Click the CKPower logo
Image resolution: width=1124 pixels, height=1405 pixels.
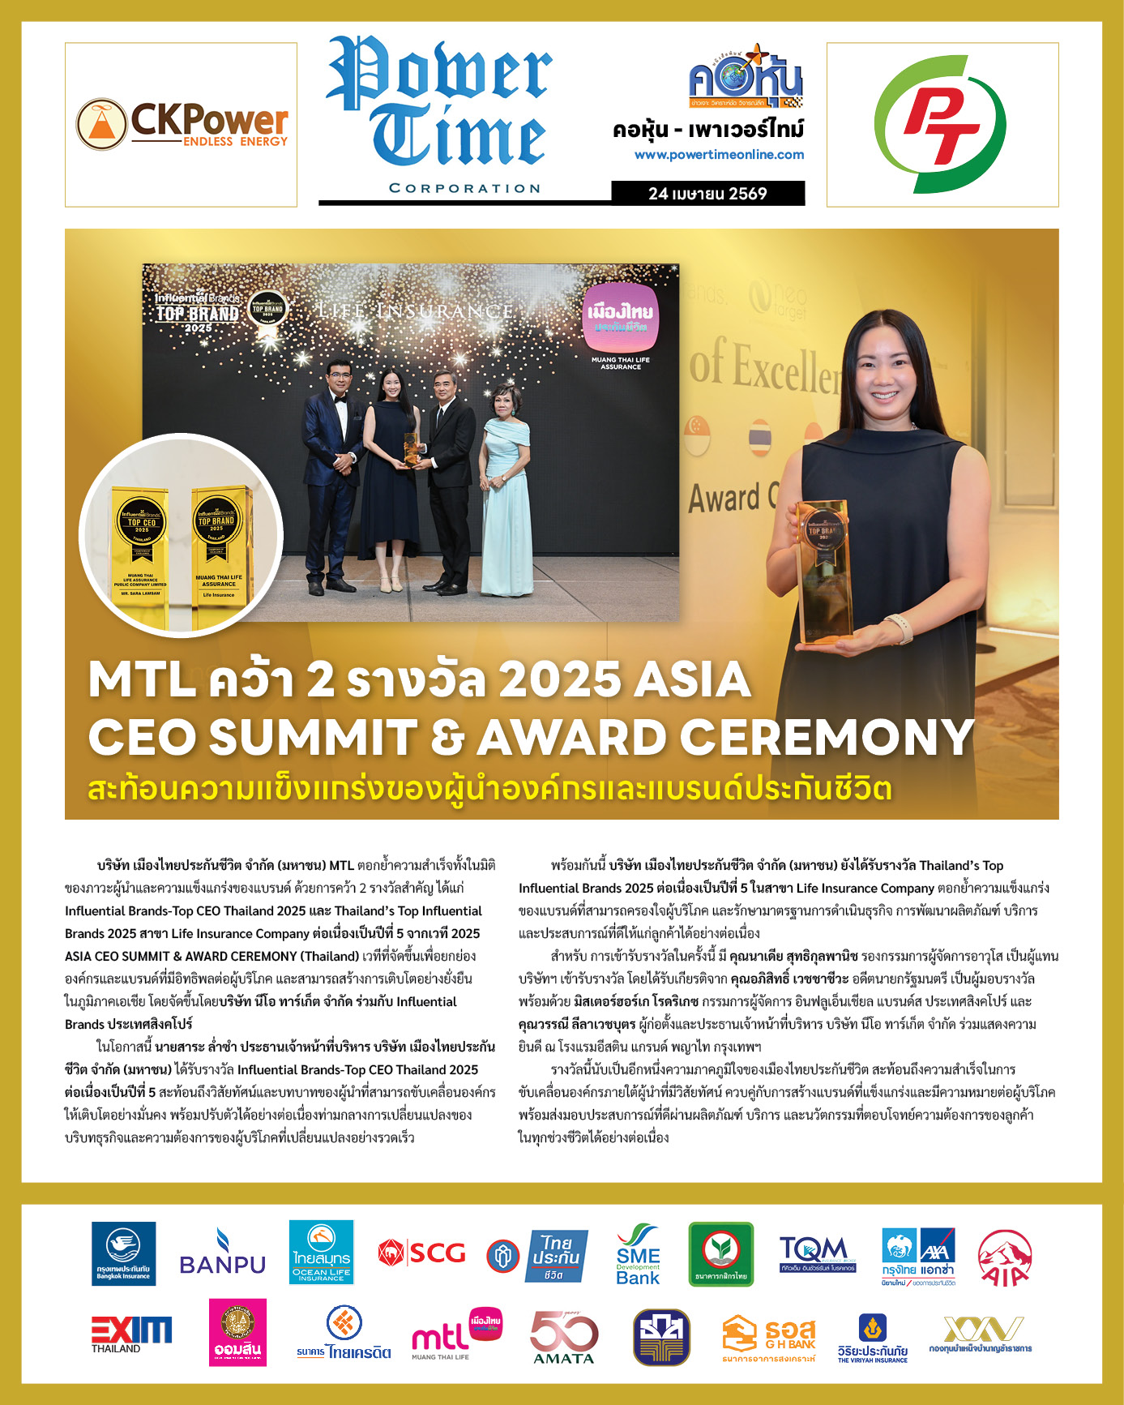click(x=182, y=125)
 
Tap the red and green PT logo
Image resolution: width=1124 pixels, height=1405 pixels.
click(x=942, y=124)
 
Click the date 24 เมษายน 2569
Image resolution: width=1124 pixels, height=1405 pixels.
click(x=707, y=194)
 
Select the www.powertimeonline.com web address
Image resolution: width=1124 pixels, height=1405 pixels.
click(x=719, y=155)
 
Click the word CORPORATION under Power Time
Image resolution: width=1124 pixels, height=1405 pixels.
click(x=464, y=188)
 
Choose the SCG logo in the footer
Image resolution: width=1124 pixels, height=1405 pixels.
click(x=422, y=1253)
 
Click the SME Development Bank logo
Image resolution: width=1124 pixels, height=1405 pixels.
click(x=638, y=1254)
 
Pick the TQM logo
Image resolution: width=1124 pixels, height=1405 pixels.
click(x=818, y=1253)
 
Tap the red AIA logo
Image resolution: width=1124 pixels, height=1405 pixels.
click(x=1005, y=1257)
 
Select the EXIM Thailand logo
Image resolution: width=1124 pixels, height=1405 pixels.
click(x=131, y=1334)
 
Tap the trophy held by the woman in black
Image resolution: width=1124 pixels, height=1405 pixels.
click(x=825, y=572)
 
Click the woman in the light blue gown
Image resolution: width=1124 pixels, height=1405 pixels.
click(x=507, y=495)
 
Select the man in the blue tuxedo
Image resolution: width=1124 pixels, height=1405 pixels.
click(x=333, y=470)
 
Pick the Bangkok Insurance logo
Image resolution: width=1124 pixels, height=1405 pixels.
click(x=123, y=1253)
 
